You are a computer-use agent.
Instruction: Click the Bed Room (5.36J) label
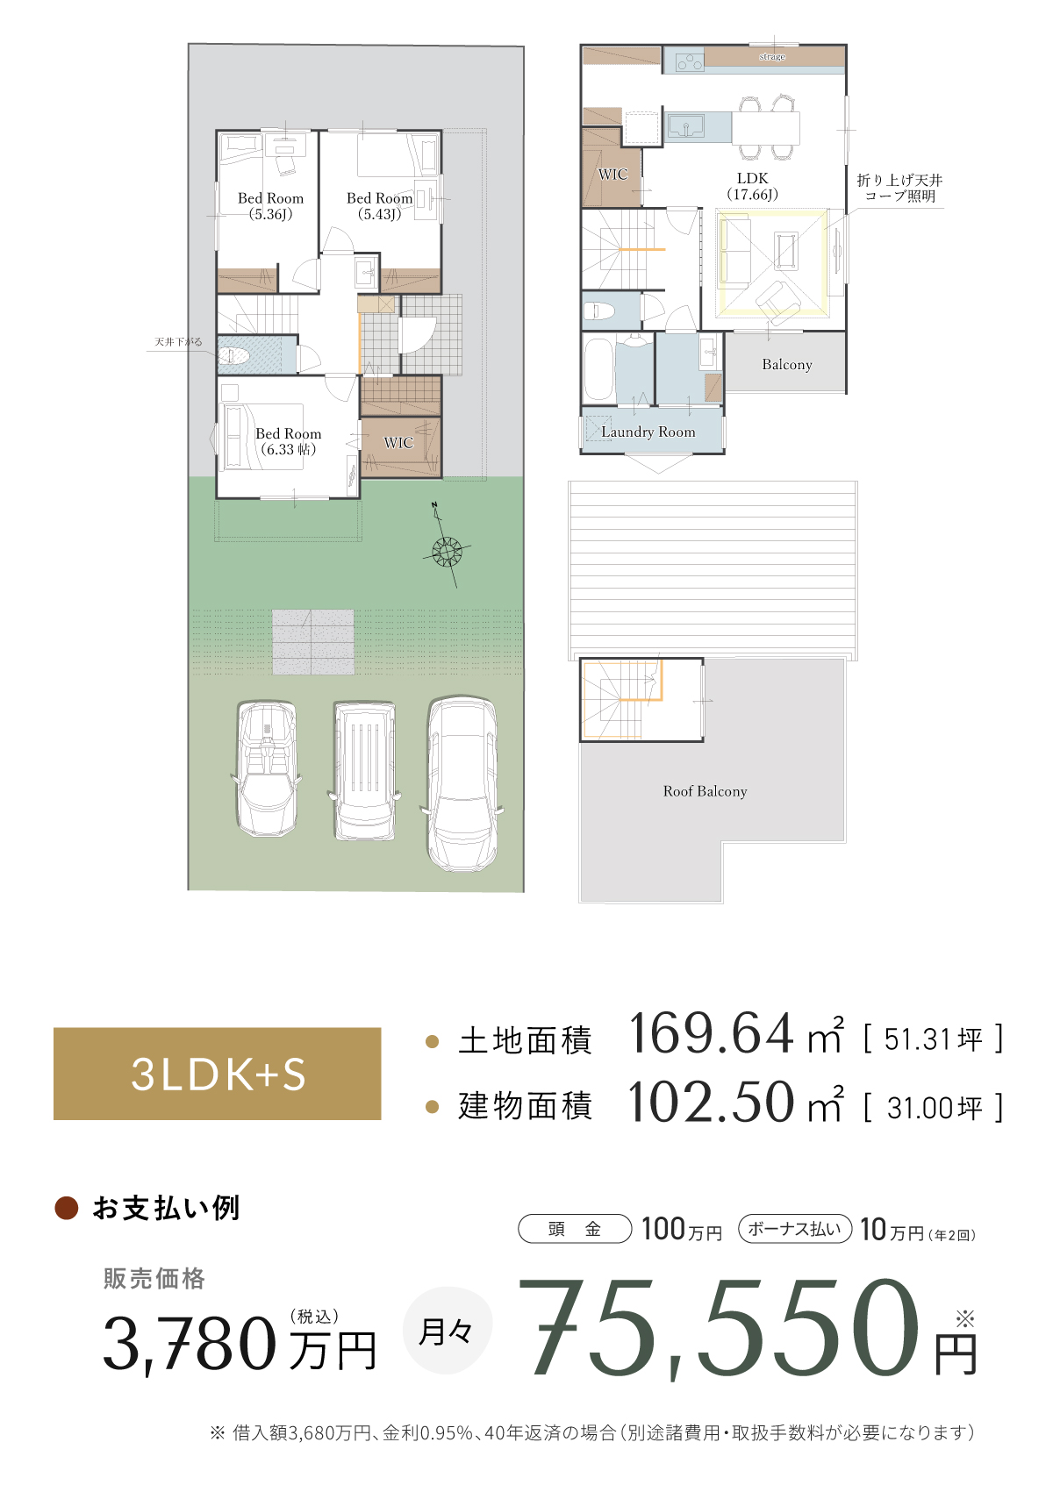[x=270, y=206]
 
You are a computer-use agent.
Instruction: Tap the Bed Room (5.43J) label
[x=379, y=206]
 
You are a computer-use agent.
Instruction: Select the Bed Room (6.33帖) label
[x=288, y=441]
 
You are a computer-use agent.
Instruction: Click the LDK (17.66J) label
[x=752, y=186]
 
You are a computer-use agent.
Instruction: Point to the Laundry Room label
[x=648, y=432]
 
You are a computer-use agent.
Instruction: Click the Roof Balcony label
[x=705, y=791]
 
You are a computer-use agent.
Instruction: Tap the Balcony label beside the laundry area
[x=786, y=364]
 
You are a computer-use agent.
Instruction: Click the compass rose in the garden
[x=448, y=551]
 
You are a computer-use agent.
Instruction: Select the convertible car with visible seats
[x=267, y=768]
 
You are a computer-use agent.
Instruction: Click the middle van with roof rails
[x=363, y=770]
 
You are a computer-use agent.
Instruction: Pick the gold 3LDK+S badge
[x=217, y=1074]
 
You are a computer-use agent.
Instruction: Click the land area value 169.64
[x=711, y=1034]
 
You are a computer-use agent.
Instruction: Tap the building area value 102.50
[x=711, y=1103]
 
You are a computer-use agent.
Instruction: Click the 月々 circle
[x=447, y=1331]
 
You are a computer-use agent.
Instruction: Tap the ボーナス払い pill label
[x=795, y=1229]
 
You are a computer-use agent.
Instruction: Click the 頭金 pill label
[x=575, y=1229]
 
